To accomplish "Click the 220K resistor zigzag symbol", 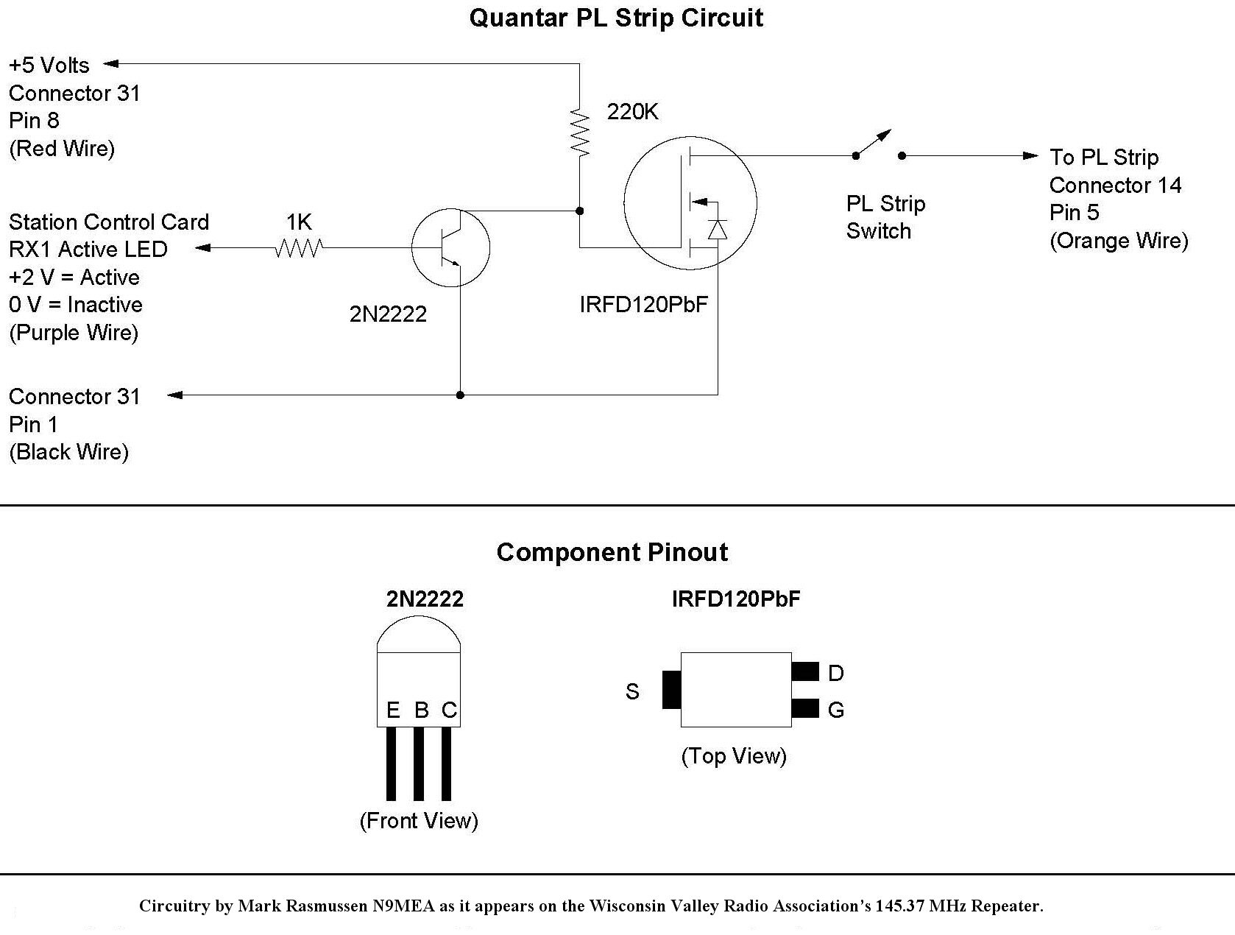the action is [x=579, y=133].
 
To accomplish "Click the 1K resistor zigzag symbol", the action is [x=300, y=247].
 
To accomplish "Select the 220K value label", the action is [x=632, y=112].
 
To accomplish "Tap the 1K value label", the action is [x=299, y=222].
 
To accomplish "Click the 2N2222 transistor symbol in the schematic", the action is [x=450, y=247].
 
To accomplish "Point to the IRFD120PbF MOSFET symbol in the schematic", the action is [x=690, y=203].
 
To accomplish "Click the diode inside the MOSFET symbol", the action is [x=718, y=230].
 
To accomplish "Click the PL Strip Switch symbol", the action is [x=878, y=145].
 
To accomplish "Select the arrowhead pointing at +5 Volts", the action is [x=111, y=63].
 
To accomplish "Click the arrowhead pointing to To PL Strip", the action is [x=1030, y=156].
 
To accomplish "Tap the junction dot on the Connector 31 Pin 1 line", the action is [x=460, y=395].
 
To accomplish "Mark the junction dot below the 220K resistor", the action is [x=579, y=211].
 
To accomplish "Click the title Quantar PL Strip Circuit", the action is [x=616, y=18].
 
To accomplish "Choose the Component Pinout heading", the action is [x=612, y=552].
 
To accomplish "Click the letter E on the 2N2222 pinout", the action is [x=393, y=710].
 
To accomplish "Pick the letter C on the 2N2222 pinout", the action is [x=449, y=710].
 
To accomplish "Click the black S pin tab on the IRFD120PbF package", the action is [x=672, y=690].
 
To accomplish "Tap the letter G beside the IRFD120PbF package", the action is [x=836, y=710].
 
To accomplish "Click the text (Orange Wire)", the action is [x=1119, y=241].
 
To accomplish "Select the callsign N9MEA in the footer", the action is [x=404, y=906].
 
